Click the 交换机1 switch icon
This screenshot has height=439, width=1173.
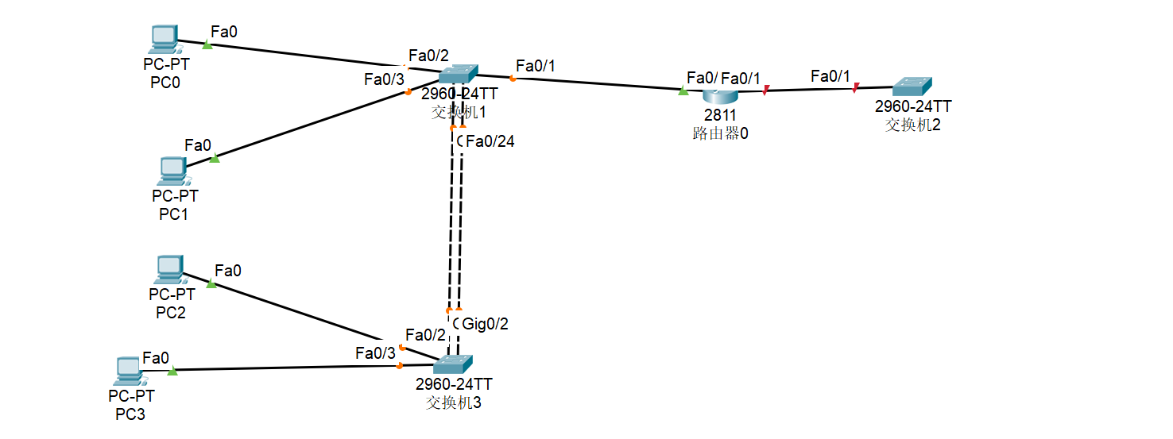click(458, 75)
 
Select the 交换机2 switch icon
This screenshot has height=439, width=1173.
click(912, 87)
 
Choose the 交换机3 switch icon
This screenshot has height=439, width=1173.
click(453, 364)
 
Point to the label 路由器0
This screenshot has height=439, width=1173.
click(720, 133)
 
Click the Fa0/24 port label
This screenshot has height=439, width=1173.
click(490, 142)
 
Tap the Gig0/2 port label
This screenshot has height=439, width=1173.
click(485, 324)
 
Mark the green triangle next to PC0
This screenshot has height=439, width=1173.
click(207, 44)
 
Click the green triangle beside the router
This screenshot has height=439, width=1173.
click(683, 91)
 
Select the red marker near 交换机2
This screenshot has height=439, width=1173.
click(856, 87)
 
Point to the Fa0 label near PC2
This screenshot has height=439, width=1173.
click(228, 271)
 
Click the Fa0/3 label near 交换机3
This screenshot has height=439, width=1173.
click(375, 353)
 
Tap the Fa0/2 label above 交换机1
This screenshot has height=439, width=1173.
click(428, 56)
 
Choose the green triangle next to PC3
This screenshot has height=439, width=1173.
click(172, 370)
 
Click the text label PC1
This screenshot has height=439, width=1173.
click(174, 214)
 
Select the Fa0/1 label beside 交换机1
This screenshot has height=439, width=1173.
click(536, 65)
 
